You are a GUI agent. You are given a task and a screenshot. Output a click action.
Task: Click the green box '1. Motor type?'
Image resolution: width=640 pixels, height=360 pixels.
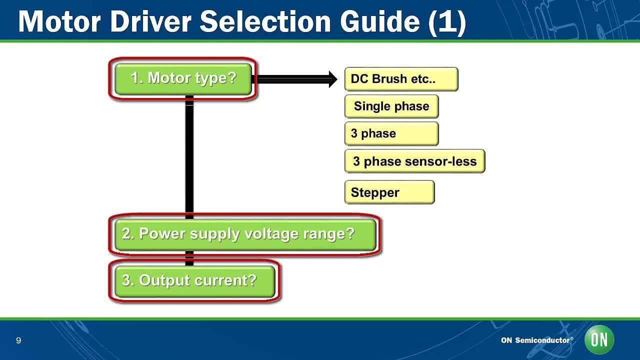[183, 78]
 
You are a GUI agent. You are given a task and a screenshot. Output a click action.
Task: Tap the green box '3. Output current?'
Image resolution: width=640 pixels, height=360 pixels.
[194, 280]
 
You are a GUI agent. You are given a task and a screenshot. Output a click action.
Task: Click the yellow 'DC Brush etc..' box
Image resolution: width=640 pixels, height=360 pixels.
[401, 79]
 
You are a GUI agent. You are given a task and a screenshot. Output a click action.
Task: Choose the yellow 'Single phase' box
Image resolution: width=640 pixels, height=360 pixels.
[391, 106]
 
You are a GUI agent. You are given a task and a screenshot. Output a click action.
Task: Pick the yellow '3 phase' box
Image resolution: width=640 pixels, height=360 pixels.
[391, 134]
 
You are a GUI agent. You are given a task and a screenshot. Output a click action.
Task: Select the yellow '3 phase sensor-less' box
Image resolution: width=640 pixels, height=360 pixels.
[414, 161]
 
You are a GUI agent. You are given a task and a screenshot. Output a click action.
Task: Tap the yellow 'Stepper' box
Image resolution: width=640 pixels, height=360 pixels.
[389, 192]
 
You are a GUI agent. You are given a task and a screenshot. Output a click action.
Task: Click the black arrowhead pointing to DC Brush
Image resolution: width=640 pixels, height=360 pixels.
[333, 78]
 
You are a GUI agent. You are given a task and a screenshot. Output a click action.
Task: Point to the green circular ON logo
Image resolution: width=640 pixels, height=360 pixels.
[599, 340]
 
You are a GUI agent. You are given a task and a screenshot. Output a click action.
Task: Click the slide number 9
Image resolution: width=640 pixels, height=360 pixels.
[18, 341]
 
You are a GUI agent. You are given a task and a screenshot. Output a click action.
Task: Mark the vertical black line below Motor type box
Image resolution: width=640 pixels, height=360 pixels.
[189, 155]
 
